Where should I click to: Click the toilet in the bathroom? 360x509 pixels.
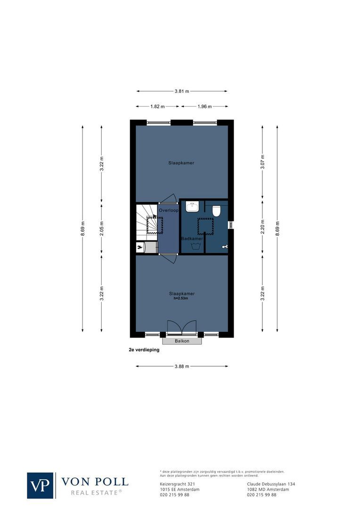[x=217, y=211]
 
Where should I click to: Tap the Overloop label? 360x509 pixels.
[x=168, y=210]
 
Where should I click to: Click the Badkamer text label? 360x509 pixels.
[x=192, y=239]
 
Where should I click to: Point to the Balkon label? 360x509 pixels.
[x=182, y=341]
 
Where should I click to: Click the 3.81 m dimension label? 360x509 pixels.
[x=182, y=91]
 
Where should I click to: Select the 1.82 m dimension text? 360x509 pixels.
[x=157, y=107]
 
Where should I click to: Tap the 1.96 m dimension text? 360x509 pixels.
[x=204, y=107]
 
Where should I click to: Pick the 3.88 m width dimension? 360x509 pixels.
[x=181, y=366]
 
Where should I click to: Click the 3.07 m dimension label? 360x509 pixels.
[x=263, y=163]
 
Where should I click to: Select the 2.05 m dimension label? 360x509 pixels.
[x=101, y=229]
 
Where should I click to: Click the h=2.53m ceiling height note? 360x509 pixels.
[x=181, y=298]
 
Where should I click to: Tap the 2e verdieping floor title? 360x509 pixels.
[x=144, y=351]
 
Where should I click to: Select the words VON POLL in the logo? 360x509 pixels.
[x=94, y=482]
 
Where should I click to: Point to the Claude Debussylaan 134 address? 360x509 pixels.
[x=271, y=484]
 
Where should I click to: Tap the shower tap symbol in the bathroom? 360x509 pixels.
[x=225, y=246]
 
